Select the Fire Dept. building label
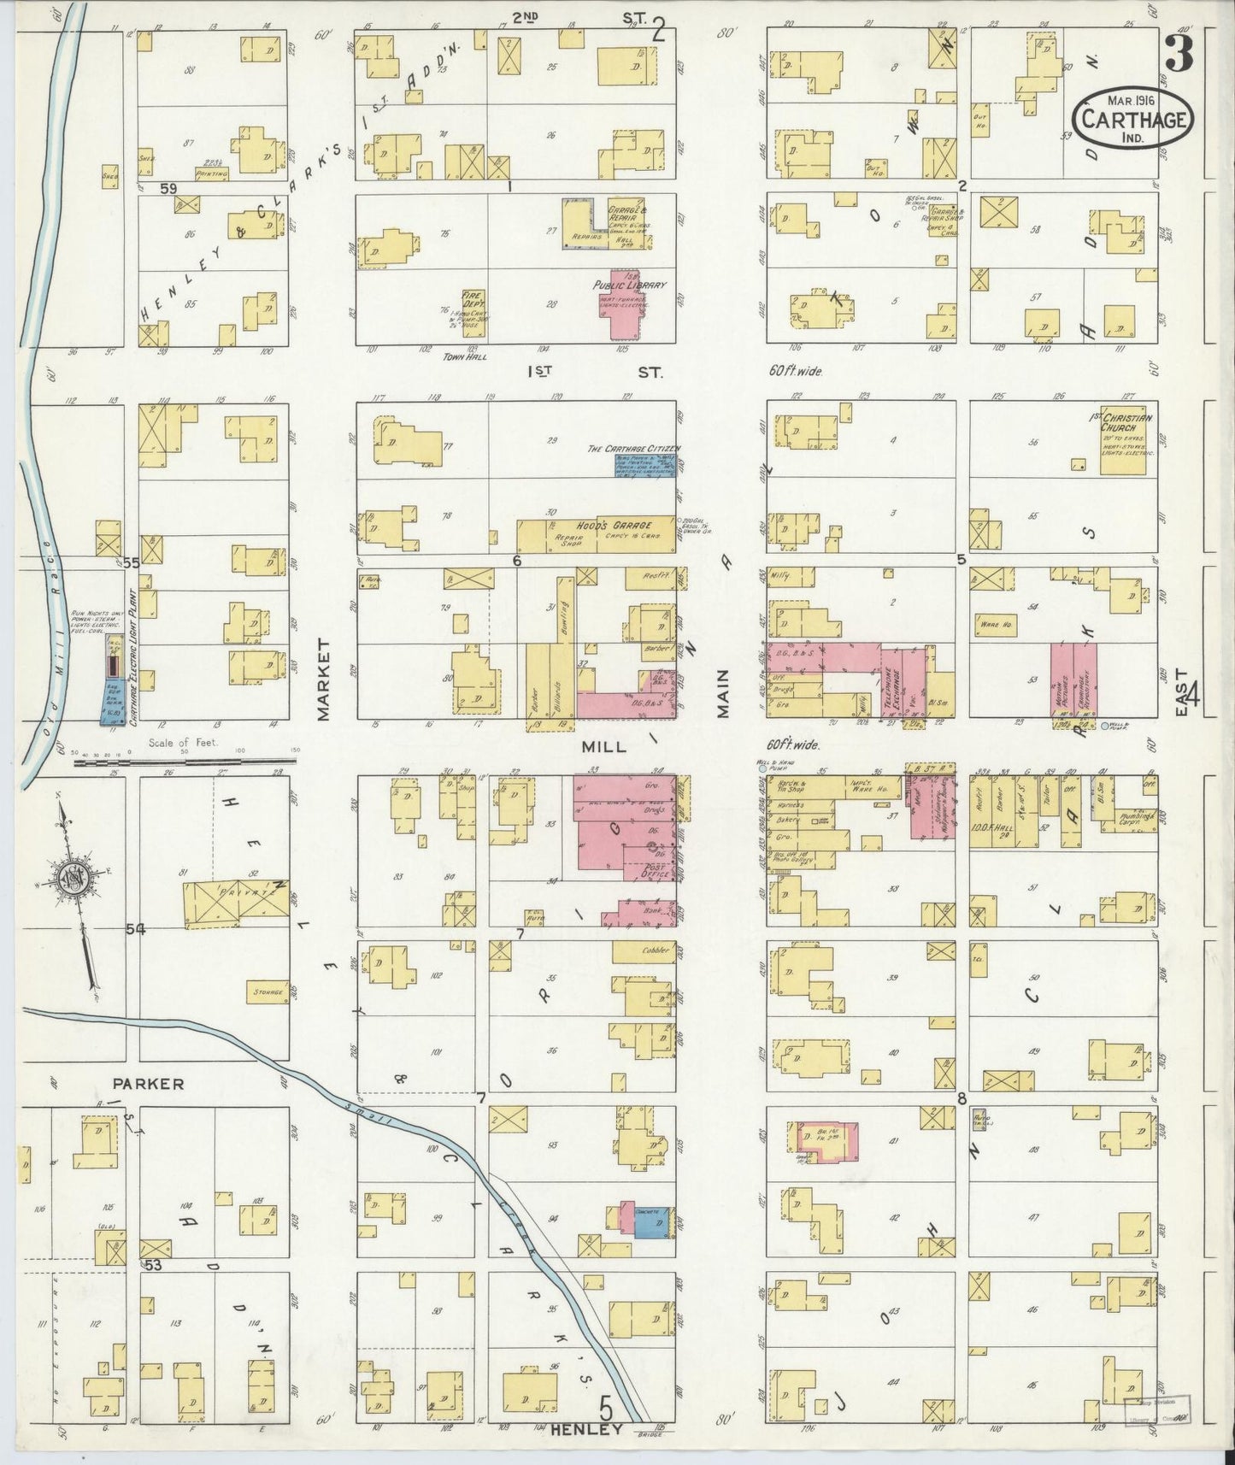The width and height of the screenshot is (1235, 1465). coord(473,299)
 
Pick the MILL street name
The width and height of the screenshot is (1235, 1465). coord(603,746)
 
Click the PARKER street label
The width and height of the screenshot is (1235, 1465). coord(148,1084)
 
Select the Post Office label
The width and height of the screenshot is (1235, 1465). coord(658,871)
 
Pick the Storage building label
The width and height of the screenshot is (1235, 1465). coord(267,992)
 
